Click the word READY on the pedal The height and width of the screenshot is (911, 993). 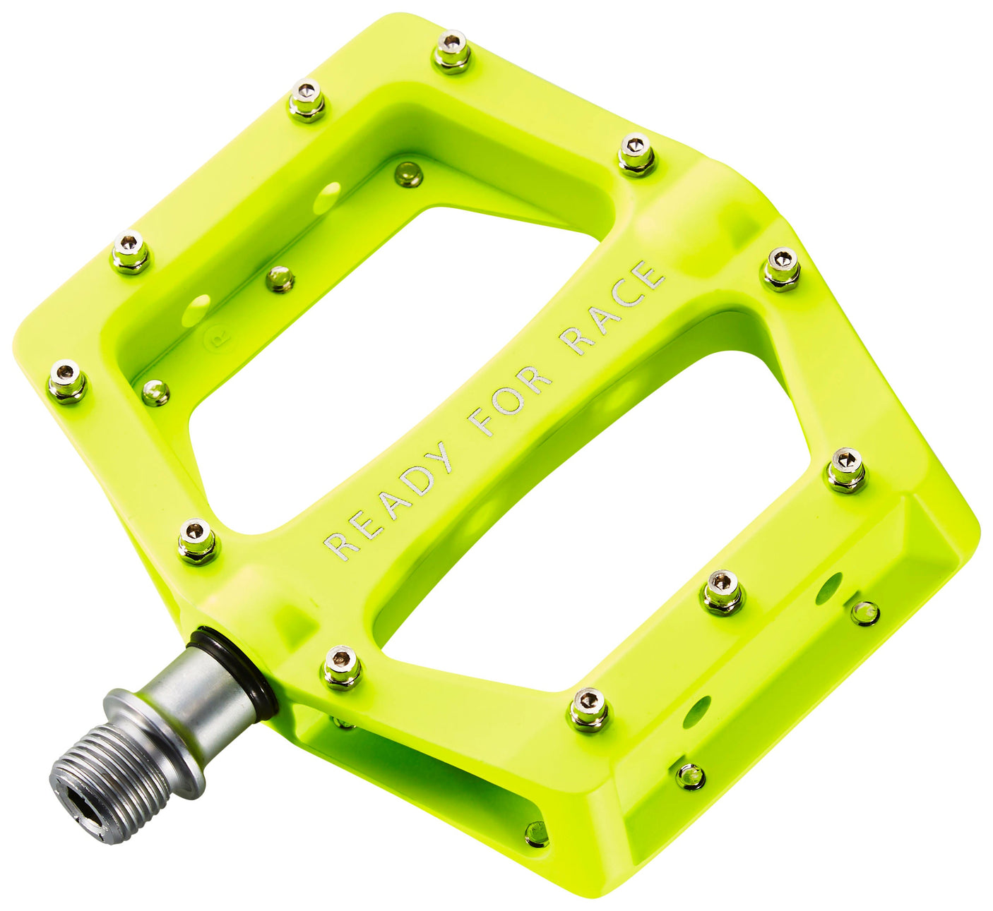[388, 502]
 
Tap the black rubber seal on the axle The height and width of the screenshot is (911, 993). [233, 670]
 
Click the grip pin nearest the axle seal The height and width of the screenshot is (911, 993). [342, 667]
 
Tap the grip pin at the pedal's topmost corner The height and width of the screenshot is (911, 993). [451, 51]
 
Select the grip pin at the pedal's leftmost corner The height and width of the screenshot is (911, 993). [67, 381]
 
